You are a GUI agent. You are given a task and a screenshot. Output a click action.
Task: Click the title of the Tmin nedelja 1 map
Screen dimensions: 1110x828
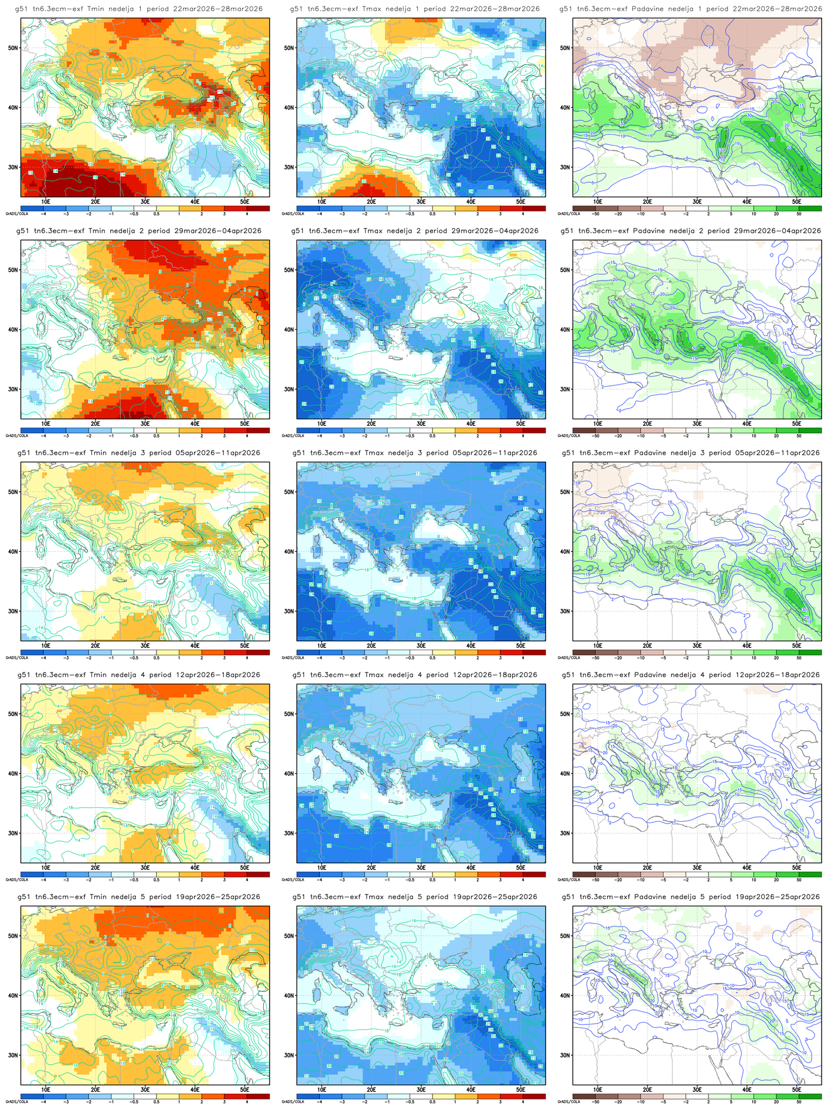click(x=139, y=9)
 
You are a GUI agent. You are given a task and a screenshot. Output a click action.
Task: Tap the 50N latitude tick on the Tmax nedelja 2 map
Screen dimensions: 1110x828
click(x=289, y=270)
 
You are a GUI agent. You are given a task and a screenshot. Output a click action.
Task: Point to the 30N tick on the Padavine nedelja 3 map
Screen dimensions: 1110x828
click(x=565, y=611)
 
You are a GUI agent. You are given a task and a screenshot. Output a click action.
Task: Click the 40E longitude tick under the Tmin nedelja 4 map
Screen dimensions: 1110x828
click(x=195, y=867)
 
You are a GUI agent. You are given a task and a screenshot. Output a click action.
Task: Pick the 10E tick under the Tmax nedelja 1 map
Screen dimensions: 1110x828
click(x=322, y=201)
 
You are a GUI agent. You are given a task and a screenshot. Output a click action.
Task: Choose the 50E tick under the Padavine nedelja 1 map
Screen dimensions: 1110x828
click(x=797, y=201)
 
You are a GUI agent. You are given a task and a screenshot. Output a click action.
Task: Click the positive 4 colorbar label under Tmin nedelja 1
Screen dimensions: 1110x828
click(x=247, y=214)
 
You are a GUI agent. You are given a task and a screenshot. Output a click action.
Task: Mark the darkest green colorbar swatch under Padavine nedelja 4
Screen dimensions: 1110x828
click(x=810, y=874)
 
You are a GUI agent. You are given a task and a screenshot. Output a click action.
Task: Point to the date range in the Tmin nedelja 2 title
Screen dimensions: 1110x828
click(x=219, y=231)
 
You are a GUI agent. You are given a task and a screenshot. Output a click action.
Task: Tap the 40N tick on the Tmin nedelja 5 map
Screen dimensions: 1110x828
click(x=13, y=995)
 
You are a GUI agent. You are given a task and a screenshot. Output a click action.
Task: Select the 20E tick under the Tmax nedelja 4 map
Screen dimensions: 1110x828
click(x=372, y=867)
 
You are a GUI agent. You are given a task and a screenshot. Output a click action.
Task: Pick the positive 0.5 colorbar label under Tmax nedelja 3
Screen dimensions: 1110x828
click(x=432, y=658)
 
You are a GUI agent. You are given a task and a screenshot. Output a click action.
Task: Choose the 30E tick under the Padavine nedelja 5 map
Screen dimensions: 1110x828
click(x=697, y=1089)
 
